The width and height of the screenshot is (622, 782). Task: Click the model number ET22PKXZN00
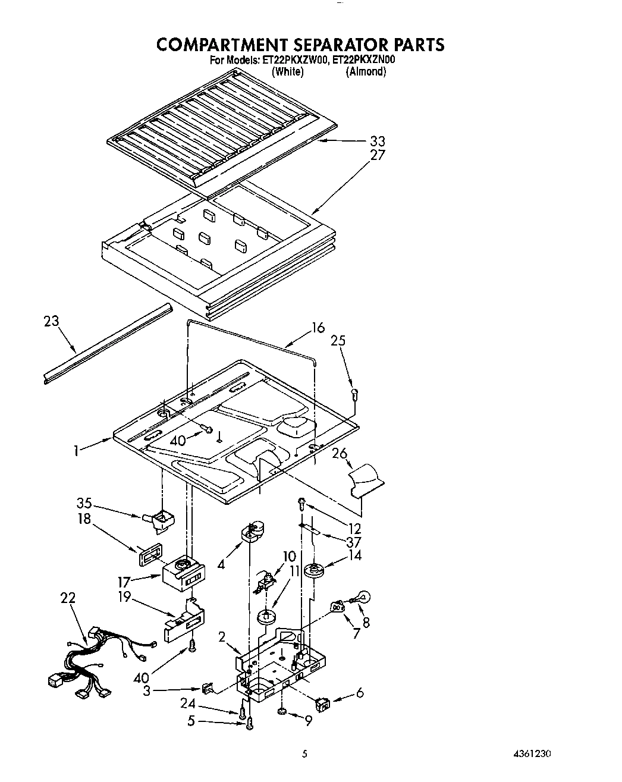pyautogui.click(x=364, y=60)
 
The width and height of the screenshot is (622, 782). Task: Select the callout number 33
pyautogui.click(x=378, y=142)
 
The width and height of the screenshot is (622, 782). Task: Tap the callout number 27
pyautogui.click(x=378, y=155)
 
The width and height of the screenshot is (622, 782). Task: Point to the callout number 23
pyautogui.click(x=52, y=321)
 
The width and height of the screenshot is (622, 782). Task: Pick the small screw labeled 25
pyautogui.click(x=354, y=392)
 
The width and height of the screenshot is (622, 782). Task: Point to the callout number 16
pyautogui.click(x=318, y=328)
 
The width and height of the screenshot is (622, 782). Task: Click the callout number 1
pyautogui.click(x=76, y=451)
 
